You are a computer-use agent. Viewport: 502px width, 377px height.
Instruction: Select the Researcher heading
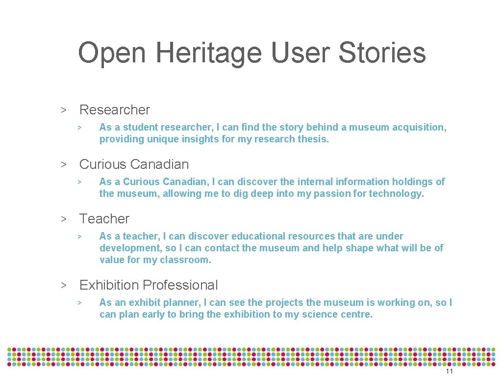click(114, 110)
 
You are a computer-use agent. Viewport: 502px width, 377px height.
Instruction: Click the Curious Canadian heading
click(134, 164)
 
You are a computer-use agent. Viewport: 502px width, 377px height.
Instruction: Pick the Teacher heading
click(104, 219)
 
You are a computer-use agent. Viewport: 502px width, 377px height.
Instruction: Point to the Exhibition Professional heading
click(149, 285)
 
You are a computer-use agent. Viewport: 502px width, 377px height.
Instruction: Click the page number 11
click(449, 372)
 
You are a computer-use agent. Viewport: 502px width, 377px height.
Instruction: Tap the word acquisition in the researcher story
click(421, 128)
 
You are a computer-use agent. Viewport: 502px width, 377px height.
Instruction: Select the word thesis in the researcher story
click(313, 139)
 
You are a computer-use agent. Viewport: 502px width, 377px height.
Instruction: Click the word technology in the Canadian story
click(396, 194)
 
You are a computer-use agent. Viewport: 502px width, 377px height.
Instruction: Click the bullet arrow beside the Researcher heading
click(63, 110)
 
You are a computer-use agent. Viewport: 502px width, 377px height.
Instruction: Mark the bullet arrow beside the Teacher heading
click(63, 219)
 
